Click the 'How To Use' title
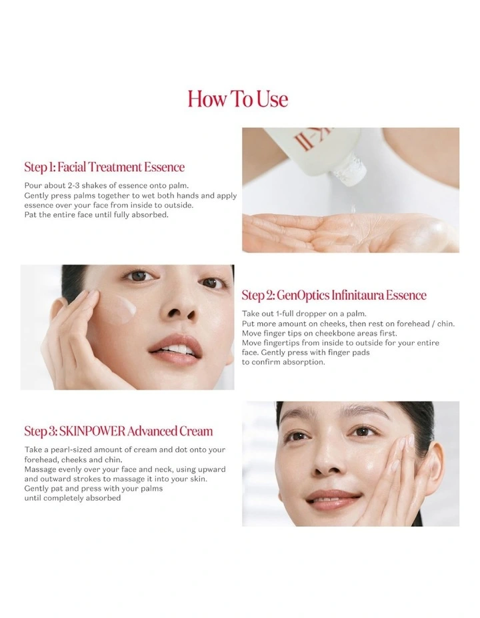pos(238,99)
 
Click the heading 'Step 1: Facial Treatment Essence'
pos(105,166)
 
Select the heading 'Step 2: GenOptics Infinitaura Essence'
pos(334,295)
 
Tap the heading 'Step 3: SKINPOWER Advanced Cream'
pos(118,431)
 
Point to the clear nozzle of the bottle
pos(349,170)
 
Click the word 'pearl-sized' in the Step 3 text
pos(72,450)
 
